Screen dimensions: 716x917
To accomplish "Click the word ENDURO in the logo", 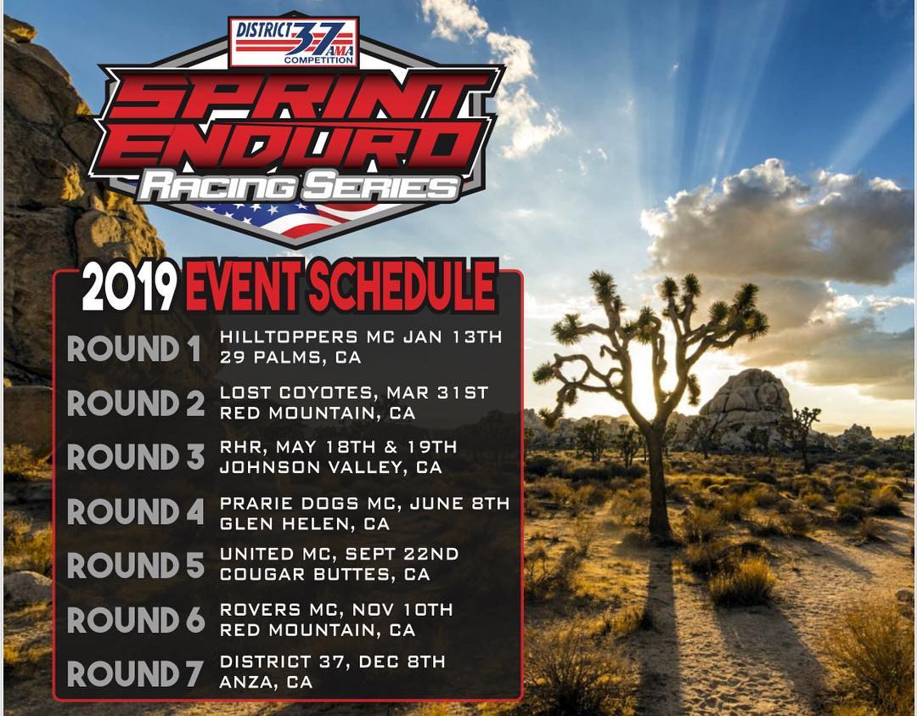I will click(289, 144).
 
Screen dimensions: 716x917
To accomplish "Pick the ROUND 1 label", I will click(135, 349).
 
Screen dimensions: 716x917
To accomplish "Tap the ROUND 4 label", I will click(135, 511).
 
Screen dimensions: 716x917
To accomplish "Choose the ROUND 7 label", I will click(135, 674).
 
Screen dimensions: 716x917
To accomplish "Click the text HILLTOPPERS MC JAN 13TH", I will click(361, 336).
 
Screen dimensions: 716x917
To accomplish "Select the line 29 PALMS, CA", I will click(290, 358).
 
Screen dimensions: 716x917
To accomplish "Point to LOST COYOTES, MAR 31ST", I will click(354, 392).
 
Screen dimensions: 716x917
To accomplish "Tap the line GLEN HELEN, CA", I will click(305, 524).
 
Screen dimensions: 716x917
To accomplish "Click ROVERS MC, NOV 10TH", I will click(335, 609).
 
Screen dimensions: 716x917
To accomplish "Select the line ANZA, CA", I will click(266, 682).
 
